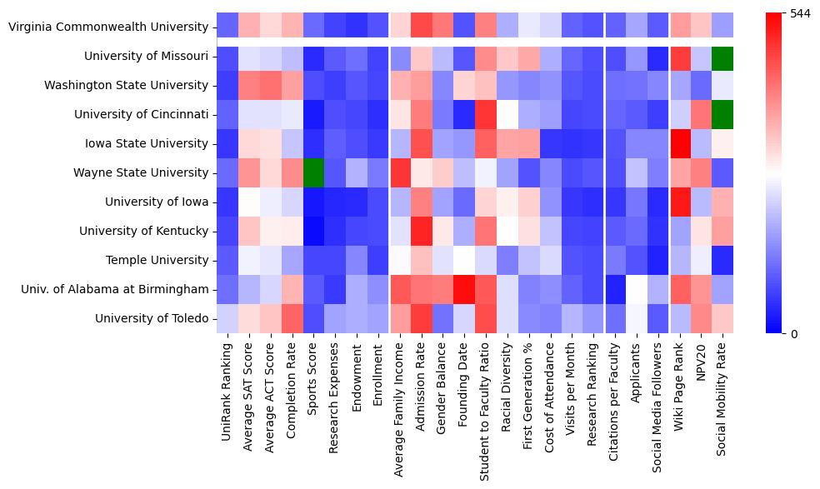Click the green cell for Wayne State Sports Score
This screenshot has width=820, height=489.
[313, 172]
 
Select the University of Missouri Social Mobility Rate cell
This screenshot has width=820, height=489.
[722, 56]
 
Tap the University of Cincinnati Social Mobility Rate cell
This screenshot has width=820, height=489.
[722, 114]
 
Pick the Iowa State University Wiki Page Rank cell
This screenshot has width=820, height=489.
[679, 143]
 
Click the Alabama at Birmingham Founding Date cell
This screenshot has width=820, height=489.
[465, 289]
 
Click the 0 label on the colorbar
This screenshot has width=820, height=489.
[793, 334]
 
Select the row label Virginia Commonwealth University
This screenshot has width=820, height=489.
[107, 27]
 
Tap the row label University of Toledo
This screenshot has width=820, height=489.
[151, 318]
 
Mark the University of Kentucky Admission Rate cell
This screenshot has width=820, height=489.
[422, 231]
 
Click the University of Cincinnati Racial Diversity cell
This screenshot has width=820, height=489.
[508, 114]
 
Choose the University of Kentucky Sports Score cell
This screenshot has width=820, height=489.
[313, 231]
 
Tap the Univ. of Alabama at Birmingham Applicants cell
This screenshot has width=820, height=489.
[636, 289]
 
